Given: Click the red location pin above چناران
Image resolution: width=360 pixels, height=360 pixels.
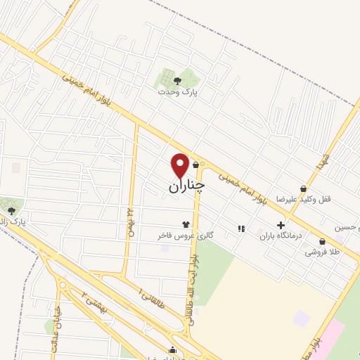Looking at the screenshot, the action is tap(180, 165).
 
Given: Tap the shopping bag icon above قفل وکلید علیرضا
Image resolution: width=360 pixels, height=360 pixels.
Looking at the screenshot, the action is tap(302, 188).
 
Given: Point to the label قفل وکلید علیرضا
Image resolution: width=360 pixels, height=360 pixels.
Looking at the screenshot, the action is tap(307, 199).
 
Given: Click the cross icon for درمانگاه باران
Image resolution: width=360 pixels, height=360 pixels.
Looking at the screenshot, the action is tap(281, 225).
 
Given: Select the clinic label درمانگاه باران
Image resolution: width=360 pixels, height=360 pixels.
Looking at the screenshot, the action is tap(281, 236).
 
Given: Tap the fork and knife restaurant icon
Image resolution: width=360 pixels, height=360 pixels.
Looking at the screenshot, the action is tap(241, 229).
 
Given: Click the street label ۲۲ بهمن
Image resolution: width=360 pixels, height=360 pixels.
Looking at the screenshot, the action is tap(129, 221).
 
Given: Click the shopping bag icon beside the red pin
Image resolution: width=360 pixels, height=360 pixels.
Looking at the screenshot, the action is tap(195, 165).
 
